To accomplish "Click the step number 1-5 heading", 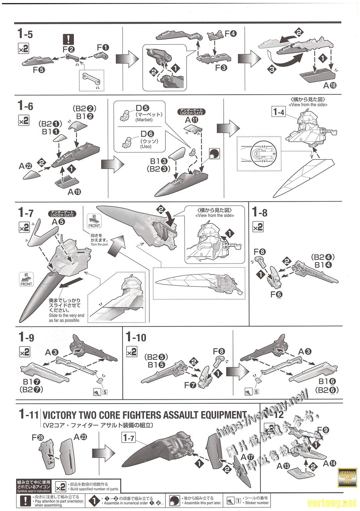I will [25, 34].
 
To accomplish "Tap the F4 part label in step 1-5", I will [231, 34].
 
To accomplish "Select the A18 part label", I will [330, 85].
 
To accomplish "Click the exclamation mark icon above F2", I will [68, 40].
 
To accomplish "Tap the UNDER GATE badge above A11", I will [192, 112].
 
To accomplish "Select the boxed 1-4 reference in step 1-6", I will [278, 112].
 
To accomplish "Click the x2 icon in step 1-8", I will [258, 227].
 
